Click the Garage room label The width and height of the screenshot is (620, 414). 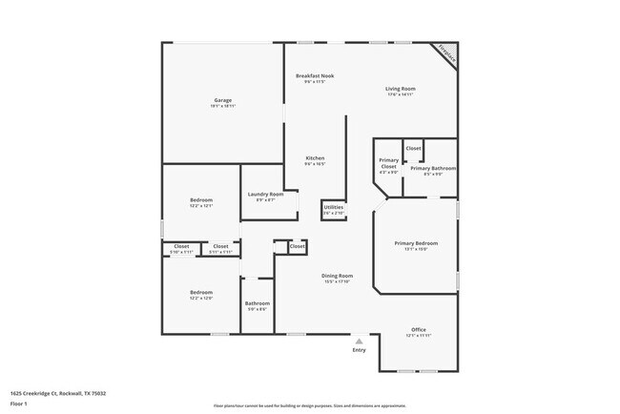tap(222, 100)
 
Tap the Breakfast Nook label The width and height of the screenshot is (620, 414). tap(314, 75)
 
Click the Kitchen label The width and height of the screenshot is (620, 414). tap(315, 157)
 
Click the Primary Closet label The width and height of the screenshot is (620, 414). tap(388, 163)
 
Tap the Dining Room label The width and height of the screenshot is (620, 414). tap(337, 276)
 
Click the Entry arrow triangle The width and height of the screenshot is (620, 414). tap(359, 341)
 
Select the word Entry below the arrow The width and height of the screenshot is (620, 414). tap(359, 350)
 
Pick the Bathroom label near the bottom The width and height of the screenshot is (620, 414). tap(258, 303)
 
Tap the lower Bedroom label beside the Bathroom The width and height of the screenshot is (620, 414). tap(200, 292)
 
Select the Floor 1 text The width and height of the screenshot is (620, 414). tap(19, 404)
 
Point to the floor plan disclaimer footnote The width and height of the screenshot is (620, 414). tap(309, 404)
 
